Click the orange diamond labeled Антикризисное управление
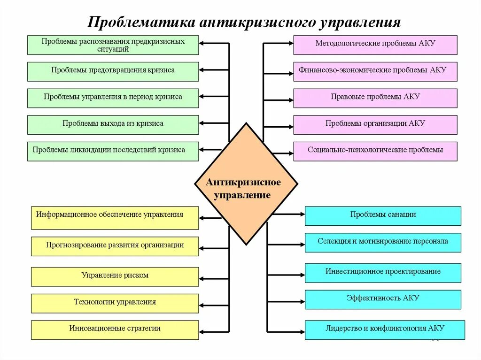click(246, 184)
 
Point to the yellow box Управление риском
click(115, 276)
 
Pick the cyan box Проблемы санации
click(383, 216)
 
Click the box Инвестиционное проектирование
click(383, 273)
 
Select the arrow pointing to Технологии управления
click(214, 304)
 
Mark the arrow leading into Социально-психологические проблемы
click(282, 153)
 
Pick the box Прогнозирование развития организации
click(115, 246)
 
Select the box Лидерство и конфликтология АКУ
click(385, 329)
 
